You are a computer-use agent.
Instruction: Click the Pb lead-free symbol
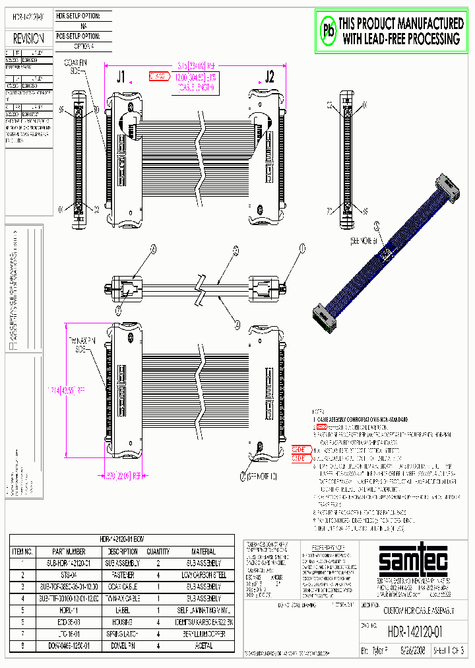point(328,30)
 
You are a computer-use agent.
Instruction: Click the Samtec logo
point(413,562)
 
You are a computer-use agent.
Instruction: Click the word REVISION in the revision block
point(29,39)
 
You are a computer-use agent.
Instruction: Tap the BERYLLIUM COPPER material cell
point(204,634)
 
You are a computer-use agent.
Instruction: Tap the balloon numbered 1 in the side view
point(303,248)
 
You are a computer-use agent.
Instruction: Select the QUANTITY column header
point(158,551)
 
